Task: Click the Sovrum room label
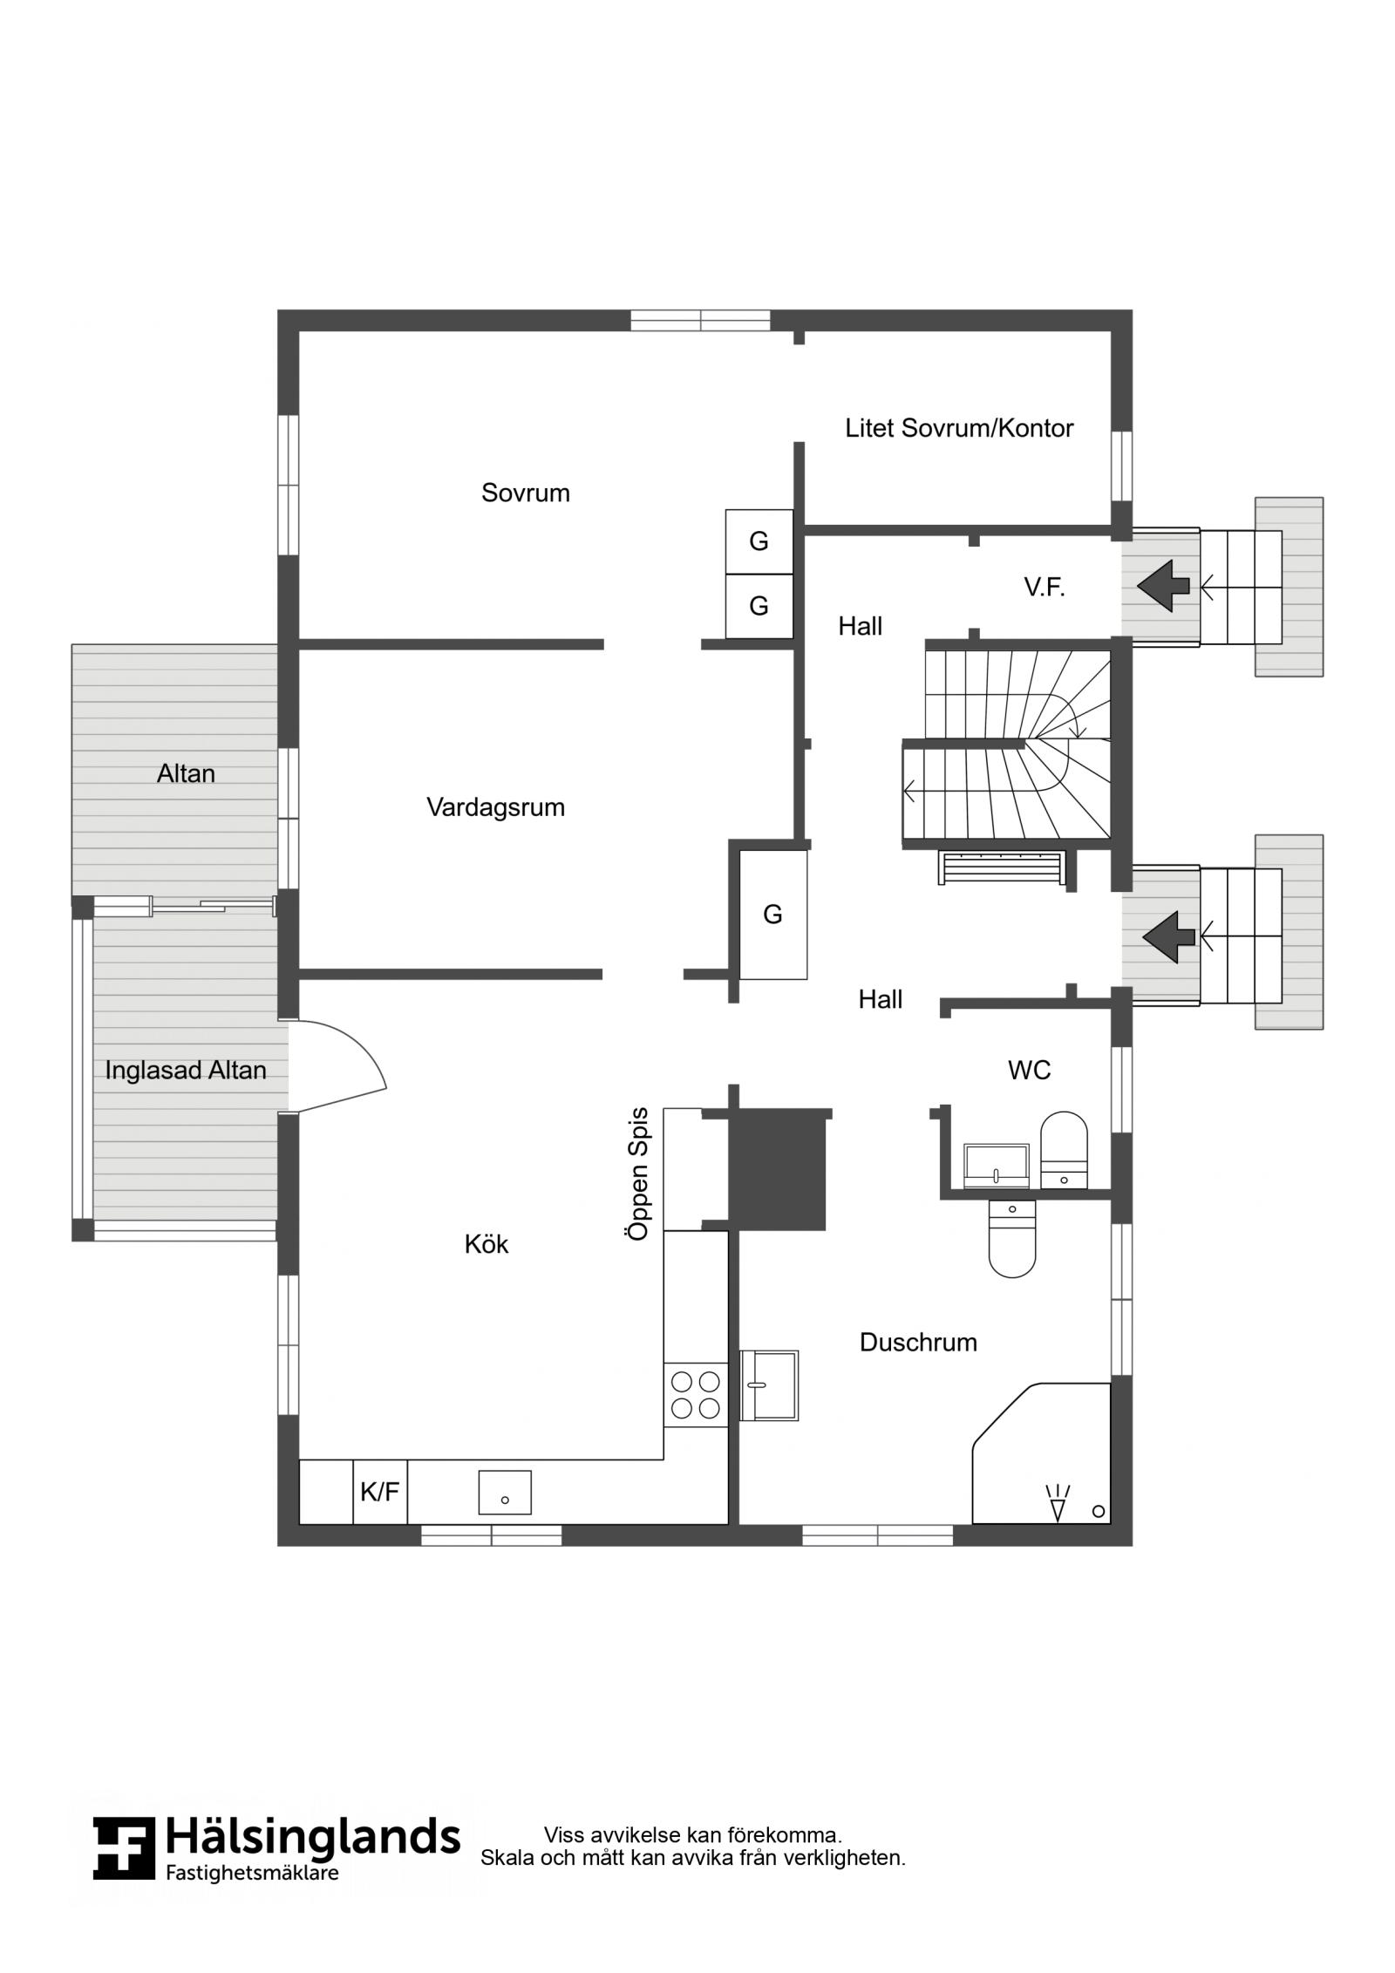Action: click(x=525, y=493)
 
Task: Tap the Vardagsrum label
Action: click(x=495, y=807)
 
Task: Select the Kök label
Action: click(x=486, y=1244)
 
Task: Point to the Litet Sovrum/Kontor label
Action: click(x=959, y=428)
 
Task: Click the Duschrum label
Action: click(x=918, y=1342)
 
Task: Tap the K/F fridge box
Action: click(x=379, y=1492)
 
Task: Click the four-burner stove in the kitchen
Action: click(x=696, y=1395)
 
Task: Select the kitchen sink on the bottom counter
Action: click(x=505, y=1493)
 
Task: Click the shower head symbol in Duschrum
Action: click(x=1058, y=1502)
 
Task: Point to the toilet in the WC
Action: click(x=1065, y=1150)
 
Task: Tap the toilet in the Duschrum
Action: click(x=1012, y=1239)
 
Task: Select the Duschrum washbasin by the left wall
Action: click(x=769, y=1385)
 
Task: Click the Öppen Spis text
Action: click(x=639, y=1174)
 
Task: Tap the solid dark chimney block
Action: click(x=777, y=1169)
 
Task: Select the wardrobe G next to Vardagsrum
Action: click(x=773, y=915)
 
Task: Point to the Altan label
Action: click(x=186, y=773)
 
